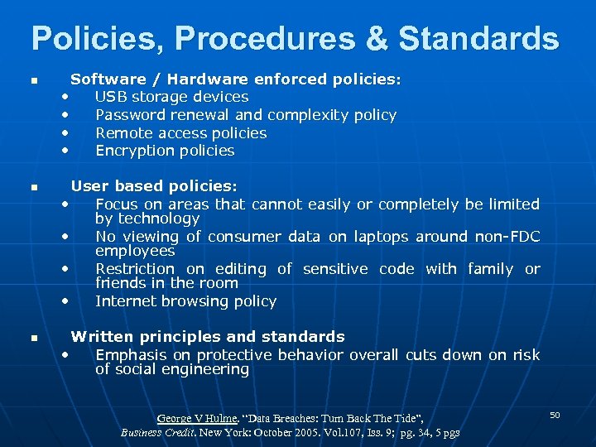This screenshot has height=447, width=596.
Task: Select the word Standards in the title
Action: (478, 38)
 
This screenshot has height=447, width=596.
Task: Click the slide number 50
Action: (555, 414)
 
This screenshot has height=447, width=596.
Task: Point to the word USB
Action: (110, 97)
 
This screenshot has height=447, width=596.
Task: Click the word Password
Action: (132, 115)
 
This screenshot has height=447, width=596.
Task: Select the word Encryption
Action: (136, 151)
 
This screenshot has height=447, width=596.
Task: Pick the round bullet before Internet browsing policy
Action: (65, 300)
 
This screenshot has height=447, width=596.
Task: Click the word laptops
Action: (380, 237)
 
